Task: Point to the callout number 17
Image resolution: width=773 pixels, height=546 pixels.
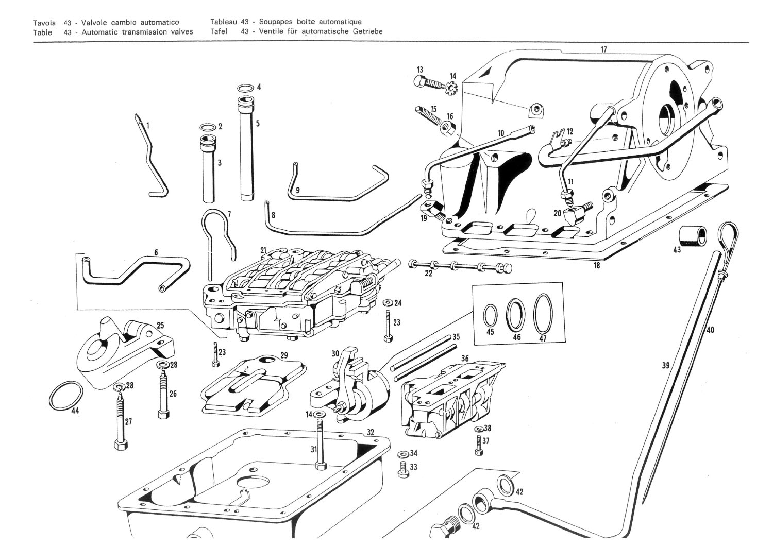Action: [x=604, y=49]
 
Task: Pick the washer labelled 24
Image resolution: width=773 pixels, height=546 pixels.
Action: [x=388, y=303]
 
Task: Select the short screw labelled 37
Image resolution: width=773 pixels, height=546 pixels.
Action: [x=478, y=446]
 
